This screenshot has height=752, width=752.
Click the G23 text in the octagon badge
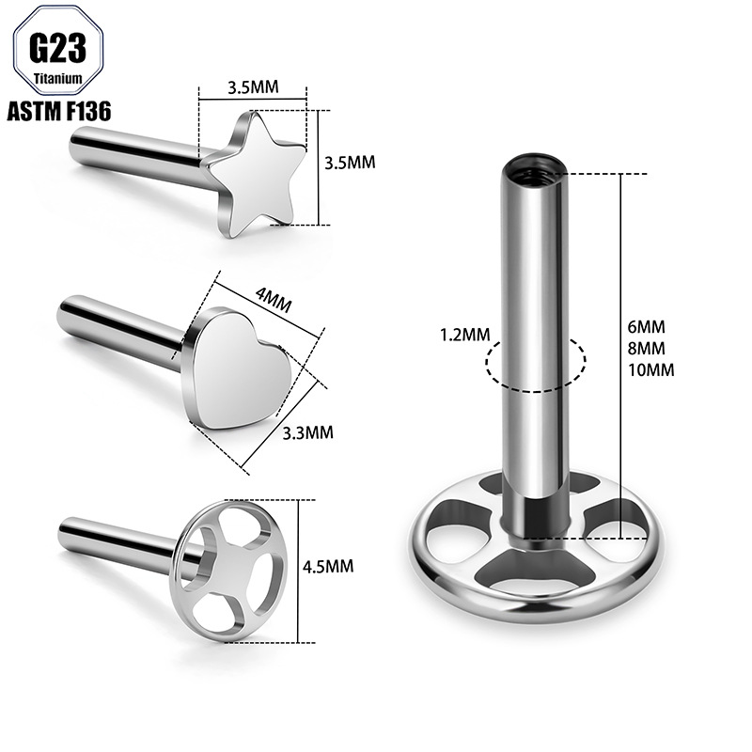coord(57,49)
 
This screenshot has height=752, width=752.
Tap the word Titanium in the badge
coord(58,78)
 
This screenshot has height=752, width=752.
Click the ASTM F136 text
coord(59,111)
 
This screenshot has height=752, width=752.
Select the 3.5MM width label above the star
coord(253,87)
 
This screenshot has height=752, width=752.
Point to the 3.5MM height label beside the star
coord(350,163)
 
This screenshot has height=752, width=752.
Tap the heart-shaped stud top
coord(237,368)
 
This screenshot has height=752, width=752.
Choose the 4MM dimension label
coord(274,299)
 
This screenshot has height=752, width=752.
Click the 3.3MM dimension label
coord(307,433)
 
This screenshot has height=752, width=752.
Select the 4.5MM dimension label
coord(328,567)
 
